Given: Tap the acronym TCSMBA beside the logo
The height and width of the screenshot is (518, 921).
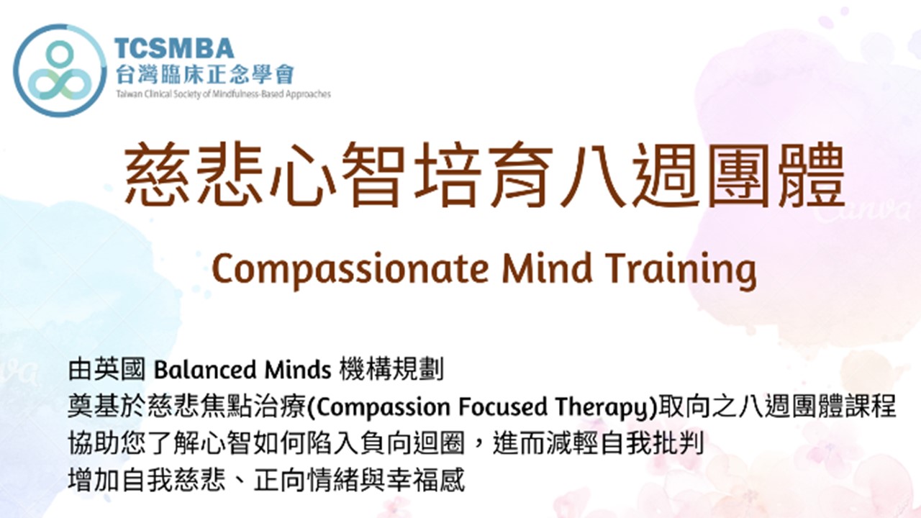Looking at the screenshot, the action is click(x=174, y=48).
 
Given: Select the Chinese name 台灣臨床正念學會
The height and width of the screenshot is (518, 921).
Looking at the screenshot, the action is click(x=204, y=74).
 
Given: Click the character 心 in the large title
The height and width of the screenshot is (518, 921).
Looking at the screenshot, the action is click(x=303, y=174).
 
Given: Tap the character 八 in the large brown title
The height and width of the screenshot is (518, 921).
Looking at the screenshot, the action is click(x=592, y=174).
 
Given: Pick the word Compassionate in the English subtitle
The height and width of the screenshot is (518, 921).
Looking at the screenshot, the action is click(x=350, y=269).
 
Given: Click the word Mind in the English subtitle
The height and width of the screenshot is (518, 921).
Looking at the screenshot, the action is click(x=546, y=268).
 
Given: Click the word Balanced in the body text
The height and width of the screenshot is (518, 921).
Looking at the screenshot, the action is click(x=205, y=370).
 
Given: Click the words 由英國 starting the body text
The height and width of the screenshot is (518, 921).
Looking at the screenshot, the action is click(x=106, y=370).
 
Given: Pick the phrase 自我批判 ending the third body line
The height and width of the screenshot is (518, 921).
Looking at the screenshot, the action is click(x=653, y=444).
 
